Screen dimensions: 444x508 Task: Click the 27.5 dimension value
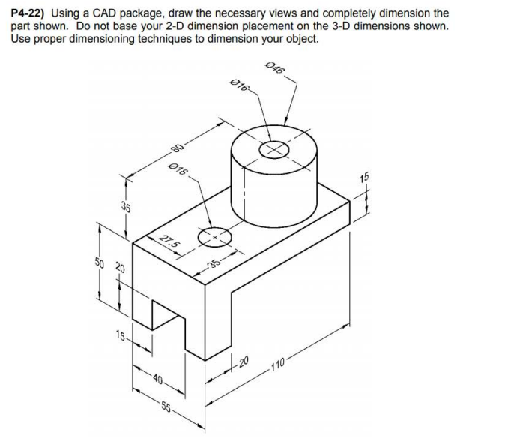point(169,241)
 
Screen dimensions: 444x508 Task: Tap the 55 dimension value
point(166,409)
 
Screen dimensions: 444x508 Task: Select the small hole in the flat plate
point(216,236)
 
